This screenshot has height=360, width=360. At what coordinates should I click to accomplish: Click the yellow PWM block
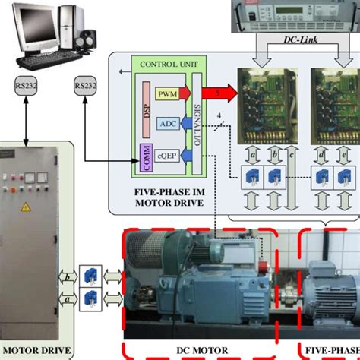coord(167,93)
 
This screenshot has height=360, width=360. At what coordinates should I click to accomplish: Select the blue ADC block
coord(167,122)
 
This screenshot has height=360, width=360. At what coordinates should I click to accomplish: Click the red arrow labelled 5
coord(220,93)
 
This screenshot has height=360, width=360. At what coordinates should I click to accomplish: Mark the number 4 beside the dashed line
coord(219,117)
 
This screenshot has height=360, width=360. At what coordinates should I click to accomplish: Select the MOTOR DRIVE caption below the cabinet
coord(36,352)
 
